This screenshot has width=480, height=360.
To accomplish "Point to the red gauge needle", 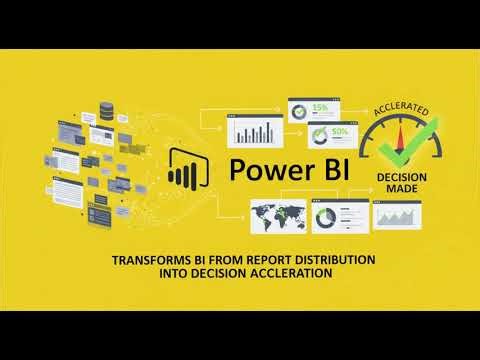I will coord(404,140).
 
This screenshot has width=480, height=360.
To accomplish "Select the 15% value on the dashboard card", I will coord(322,108).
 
